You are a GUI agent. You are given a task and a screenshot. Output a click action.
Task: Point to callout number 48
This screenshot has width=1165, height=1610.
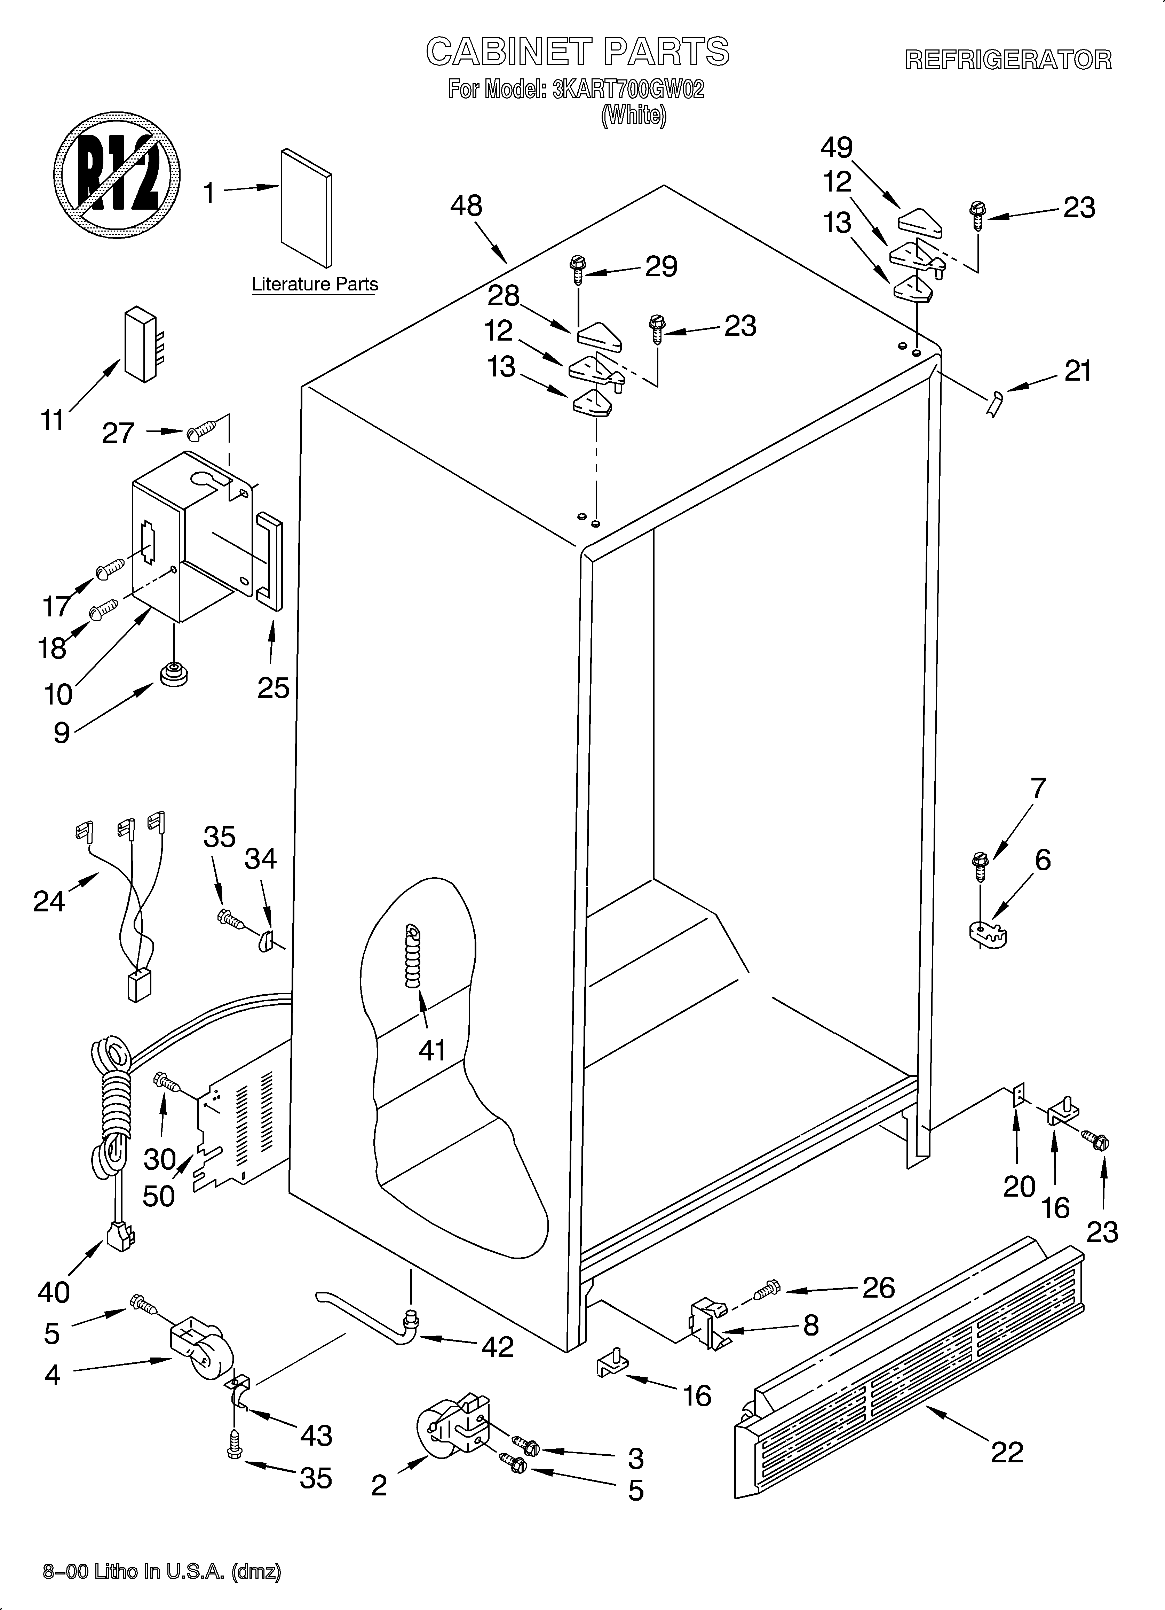click(x=466, y=206)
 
